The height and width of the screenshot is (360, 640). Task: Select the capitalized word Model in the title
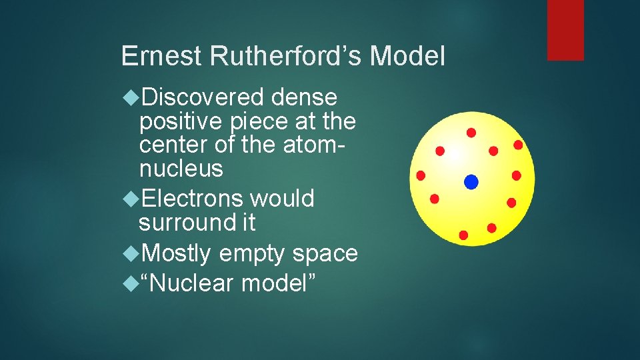(x=407, y=57)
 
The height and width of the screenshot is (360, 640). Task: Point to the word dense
(x=305, y=98)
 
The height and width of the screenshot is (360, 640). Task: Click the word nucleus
(x=181, y=169)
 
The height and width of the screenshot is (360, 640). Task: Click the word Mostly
(x=177, y=253)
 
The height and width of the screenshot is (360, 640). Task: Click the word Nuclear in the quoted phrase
(x=193, y=283)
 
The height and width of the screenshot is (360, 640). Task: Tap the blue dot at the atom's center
(x=471, y=181)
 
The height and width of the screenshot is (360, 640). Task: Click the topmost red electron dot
(x=471, y=133)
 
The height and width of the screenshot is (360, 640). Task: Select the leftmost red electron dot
(x=421, y=175)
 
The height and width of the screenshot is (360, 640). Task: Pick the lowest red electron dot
(x=463, y=235)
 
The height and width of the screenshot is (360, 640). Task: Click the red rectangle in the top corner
(x=565, y=30)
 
